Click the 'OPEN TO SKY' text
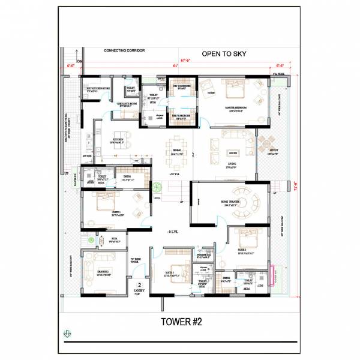[224, 53]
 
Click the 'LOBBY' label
[139, 290]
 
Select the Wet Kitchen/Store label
[98, 89]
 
